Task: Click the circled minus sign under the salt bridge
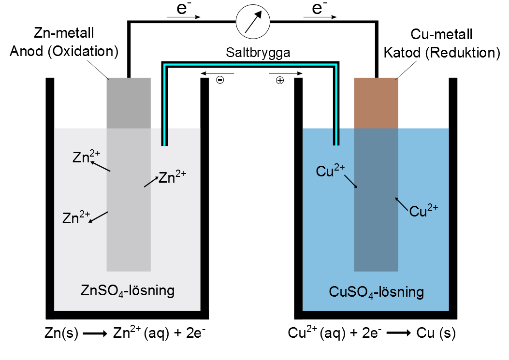click(x=219, y=81)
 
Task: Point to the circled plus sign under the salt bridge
click(x=279, y=81)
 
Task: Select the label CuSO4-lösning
click(x=376, y=292)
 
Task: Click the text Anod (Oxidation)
click(x=64, y=52)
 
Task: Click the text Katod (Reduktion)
click(x=441, y=53)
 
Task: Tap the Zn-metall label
click(x=64, y=34)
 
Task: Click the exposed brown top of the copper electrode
click(x=376, y=103)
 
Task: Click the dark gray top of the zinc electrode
click(x=128, y=103)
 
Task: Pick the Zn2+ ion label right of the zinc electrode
click(x=173, y=177)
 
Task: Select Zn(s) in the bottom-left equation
click(x=60, y=333)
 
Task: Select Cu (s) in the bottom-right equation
click(x=437, y=333)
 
